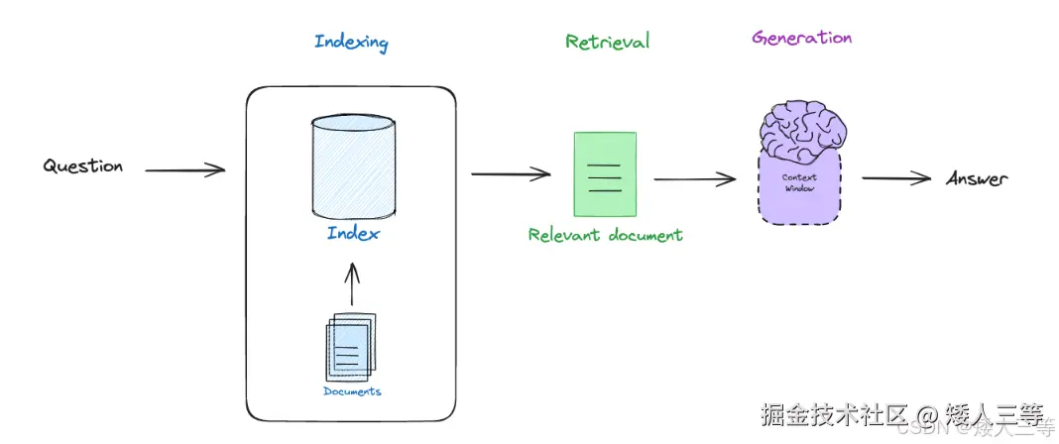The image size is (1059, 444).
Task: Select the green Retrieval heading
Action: (x=607, y=42)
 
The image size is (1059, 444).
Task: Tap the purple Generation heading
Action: (x=801, y=37)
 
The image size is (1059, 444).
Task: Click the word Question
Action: (x=83, y=166)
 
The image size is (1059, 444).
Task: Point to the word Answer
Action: (x=977, y=178)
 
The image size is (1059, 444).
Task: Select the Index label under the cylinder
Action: (x=353, y=234)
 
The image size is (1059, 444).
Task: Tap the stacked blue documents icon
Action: (x=351, y=347)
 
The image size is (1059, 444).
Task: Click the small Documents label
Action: (x=352, y=391)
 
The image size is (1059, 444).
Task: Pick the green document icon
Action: (x=605, y=173)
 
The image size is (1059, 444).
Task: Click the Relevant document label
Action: (x=605, y=235)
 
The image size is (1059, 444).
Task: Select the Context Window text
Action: (x=799, y=183)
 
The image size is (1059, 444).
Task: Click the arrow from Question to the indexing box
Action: (x=185, y=170)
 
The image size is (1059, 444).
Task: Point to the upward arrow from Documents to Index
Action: (x=351, y=283)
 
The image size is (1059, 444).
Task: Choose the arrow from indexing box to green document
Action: (x=512, y=174)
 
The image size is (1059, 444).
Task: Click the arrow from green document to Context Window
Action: (x=695, y=179)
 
